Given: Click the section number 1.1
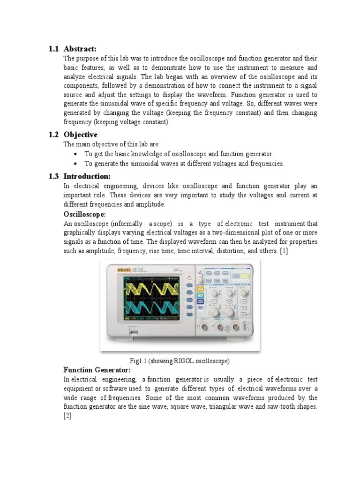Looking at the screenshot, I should [x=54, y=49].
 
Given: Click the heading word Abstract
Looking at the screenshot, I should [x=80, y=49].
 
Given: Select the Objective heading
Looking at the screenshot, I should [x=81, y=135].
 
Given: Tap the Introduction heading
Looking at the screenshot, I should [x=87, y=176].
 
